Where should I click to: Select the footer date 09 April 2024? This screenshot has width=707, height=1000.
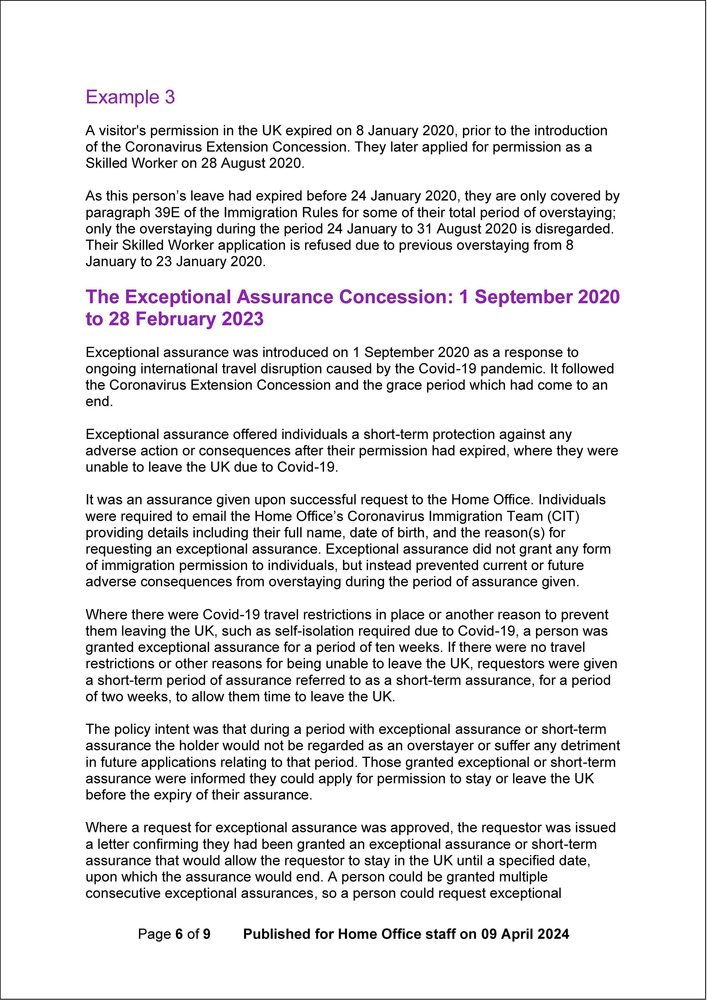pos(525,934)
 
